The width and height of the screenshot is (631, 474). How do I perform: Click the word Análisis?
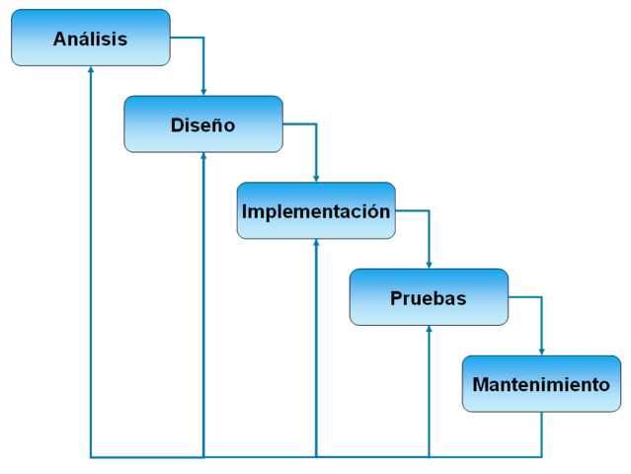tap(90, 39)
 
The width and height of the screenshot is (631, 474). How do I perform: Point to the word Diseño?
tap(202, 125)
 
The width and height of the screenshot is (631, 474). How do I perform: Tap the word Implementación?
tap(316, 211)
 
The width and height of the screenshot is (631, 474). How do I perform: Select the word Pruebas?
tap(429, 298)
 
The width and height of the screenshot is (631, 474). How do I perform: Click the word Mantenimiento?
tap(541, 384)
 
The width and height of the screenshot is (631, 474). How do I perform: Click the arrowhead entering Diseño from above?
tap(203, 91)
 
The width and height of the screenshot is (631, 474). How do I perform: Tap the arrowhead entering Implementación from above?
tap(316, 178)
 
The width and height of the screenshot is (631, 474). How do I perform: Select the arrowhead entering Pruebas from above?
tap(429, 264)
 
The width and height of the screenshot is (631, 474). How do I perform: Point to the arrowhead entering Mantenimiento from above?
tap(541, 351)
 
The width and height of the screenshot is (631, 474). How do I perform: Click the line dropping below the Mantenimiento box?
tap(541, 434)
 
